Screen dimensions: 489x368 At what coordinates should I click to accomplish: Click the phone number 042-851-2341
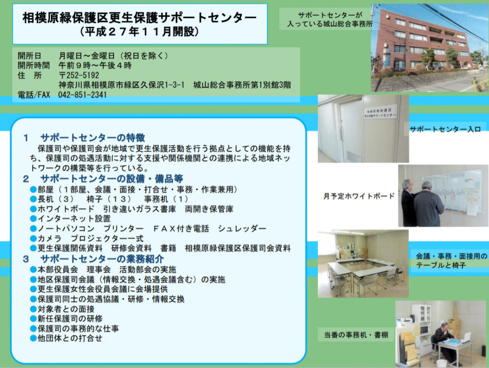pyautogui.click(x=82, y=95)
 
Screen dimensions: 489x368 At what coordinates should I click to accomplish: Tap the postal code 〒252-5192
pyautogui.click(x=79, y=75)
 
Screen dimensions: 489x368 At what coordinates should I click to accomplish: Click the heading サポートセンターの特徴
pyautogui.click(x=92, y=138)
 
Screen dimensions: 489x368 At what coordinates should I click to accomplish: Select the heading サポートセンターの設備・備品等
pyautogui.click(x=111, y=179)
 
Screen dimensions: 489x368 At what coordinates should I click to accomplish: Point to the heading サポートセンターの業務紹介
pyautogui.click(x=102, y=259)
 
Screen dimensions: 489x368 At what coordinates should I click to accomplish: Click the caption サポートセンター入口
pyautogui.click(x=445, y=129)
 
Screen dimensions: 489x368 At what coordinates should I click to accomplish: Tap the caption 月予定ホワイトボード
pyautogui.click(x=359, y=196)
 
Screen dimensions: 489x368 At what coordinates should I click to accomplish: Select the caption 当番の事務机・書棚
pyautogui.click(x=356, y=335)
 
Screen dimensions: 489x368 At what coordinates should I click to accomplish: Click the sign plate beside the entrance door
pyautogui.click(x=380, y=112)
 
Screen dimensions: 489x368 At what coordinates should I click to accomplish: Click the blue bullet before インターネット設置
pyautogui.click(x=33, y=218)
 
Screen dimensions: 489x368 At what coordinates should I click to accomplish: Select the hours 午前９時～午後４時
pyautogui.click(x=95, y=66)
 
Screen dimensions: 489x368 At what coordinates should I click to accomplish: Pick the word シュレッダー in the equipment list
pyautogui.click(x=242, y=229)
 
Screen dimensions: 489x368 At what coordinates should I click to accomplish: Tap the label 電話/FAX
pyautogui.click(x=34, y=95)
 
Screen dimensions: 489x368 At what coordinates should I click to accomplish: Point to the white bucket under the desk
pyautogui.click(x=441, y=363)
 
